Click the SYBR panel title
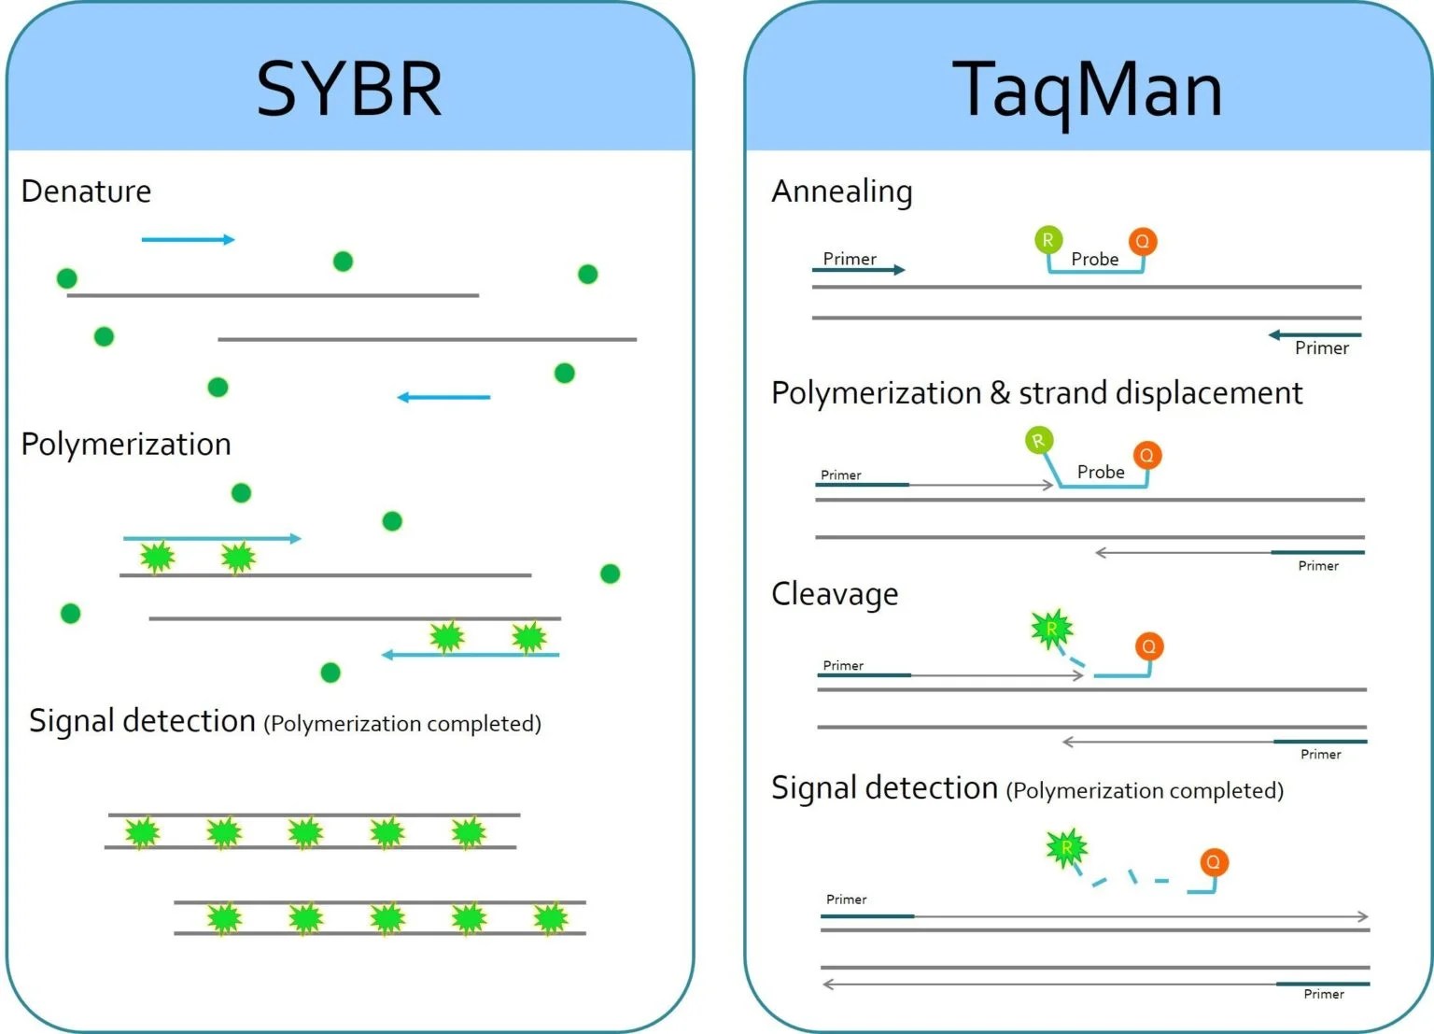348,90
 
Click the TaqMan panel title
1087,90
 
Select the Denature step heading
86,191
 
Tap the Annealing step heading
841,191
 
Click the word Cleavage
835,594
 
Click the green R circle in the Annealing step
1048,240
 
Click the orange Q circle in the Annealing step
1143,242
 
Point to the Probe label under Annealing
1094,260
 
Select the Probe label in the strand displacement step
1101,473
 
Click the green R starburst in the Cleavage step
1051,629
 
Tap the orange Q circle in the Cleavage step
1149,646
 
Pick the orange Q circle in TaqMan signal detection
1213,862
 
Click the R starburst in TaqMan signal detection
1066,848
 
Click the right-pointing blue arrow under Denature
188,240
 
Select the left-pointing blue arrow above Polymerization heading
443,397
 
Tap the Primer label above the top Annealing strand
850,259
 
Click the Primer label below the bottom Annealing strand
1321,348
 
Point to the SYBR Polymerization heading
126,445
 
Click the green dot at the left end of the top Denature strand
66,278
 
